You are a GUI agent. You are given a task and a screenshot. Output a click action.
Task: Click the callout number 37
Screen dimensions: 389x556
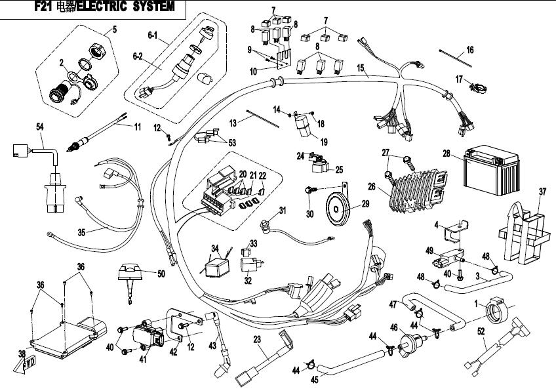(x=542, y=192)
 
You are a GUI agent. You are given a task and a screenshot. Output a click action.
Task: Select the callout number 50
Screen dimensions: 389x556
(x=161, y=273)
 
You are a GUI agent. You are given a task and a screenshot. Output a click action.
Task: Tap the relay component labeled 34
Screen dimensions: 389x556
(x=212, y=266)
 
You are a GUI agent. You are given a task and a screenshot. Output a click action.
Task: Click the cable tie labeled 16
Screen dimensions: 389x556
(x=457, y=57)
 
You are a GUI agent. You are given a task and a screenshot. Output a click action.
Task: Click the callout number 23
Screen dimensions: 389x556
(x=257, y=339)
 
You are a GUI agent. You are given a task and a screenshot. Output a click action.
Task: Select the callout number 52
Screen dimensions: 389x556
(x=482, y=333)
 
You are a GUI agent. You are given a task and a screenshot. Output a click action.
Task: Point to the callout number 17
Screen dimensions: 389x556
(x=459, y=79)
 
